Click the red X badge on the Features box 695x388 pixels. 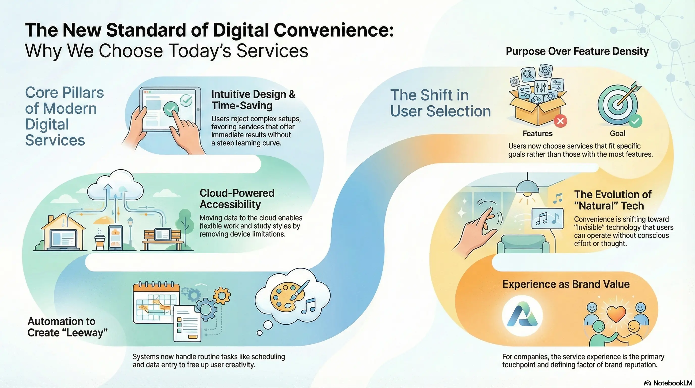point(560,121)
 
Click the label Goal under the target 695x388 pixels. point(617,134)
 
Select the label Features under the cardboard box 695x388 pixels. point(537,134)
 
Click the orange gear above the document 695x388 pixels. point(222,296)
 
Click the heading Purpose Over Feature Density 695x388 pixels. point(577,51)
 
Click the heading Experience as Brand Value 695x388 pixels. point(566,284)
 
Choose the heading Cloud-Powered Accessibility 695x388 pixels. point(237,199)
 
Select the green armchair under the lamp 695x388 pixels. point(523,244)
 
